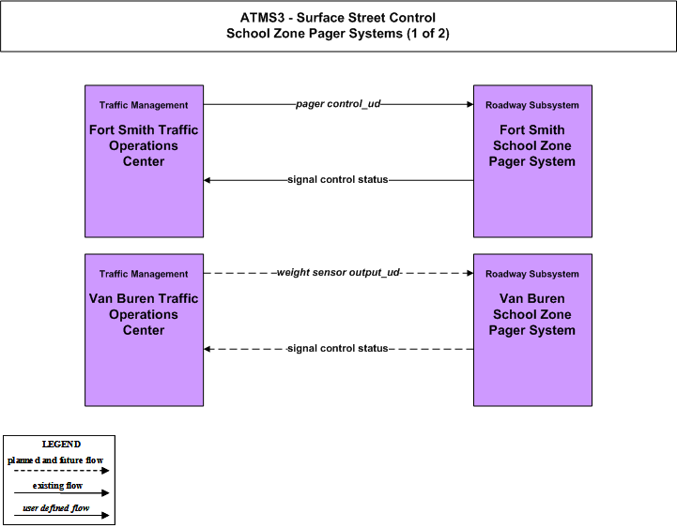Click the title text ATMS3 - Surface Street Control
(x=338, y=18)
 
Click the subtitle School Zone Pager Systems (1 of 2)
(x=338, y=34)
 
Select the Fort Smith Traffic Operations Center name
(x=144, y=145)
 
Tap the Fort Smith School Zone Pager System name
(x=531, y=145)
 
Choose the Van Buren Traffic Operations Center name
(x=144, y=314)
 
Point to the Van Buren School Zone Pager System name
(x=531, y=314)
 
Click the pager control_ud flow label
(x=338, y=104)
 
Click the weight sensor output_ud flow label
(x=338, y=273)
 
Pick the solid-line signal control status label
(x=338, y=179)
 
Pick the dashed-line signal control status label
(x=338, y=348)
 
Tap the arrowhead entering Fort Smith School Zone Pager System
(x=470, y=104)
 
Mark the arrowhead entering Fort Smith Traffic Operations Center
(x=207, y=180)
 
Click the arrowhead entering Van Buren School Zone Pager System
(x=470, y=273)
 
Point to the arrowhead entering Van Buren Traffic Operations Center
(x=207, y=349)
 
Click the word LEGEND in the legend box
(x=61, y=445)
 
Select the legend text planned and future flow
(x=55, y=460)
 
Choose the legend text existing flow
(x=57, y=486)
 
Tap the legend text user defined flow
(x=56, y=508)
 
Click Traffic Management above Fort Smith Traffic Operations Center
(x=144, y=105)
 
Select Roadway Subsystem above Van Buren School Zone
(x=531, y=274)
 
